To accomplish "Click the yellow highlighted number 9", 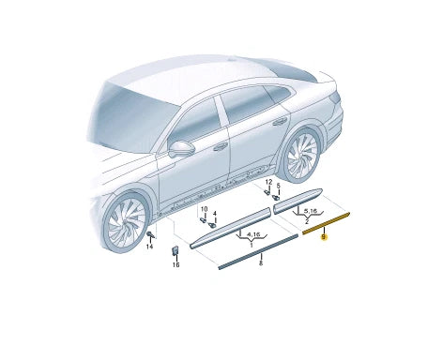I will click(x=324, y=238).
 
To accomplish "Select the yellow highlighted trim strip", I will click(x=326, y=222).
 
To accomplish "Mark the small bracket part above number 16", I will click(x=175, y=250).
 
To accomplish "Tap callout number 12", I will click(x=267, y=182).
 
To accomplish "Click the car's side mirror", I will click(x=181, y=148).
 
